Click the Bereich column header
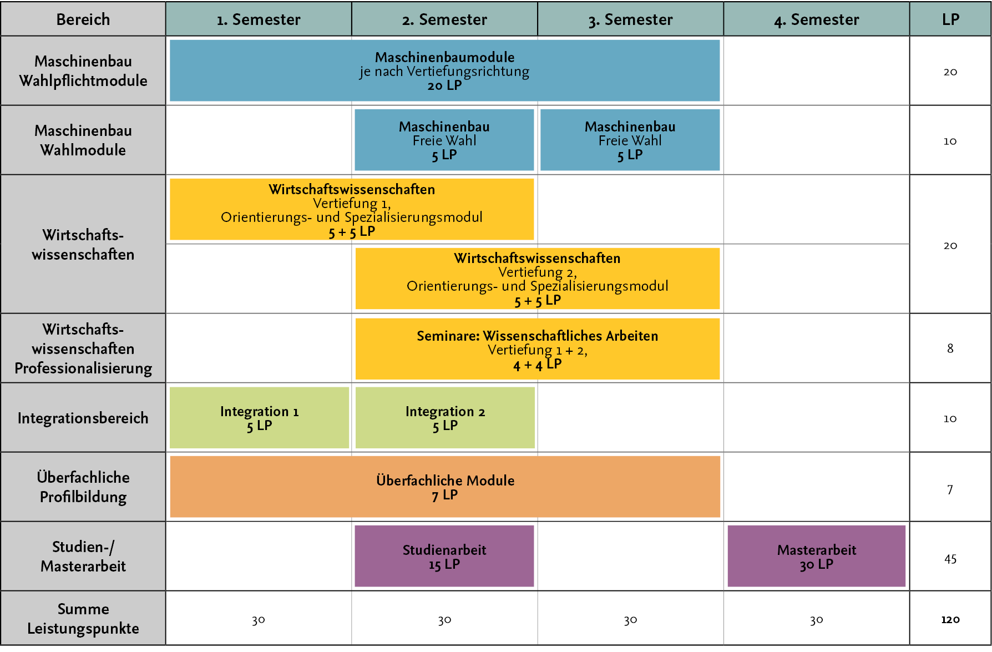coord(83,19)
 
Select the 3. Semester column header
coord(630,19)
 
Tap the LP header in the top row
coord(950,19)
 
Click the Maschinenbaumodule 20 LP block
coord(444,70)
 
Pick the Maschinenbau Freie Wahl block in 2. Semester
coord(444,140)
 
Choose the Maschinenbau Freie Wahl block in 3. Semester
coord(630,140)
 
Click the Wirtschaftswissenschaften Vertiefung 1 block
coord(352,209)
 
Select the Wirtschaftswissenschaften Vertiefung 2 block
coord(538,279)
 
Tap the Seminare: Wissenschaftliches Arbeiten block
coord(538,349)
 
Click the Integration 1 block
coord(259,418)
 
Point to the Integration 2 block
coord(445,418)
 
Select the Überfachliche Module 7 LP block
coord(445,487)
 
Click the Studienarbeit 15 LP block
coord(444,556)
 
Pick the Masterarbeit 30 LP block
coord(817,556)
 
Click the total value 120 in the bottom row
coord(950,619)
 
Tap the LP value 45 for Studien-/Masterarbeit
coord(950,559)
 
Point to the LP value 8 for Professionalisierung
coord(950,348)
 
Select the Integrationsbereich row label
coord(83,418)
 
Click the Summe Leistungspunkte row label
coord(83,619)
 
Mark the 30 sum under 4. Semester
coord(816,620)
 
